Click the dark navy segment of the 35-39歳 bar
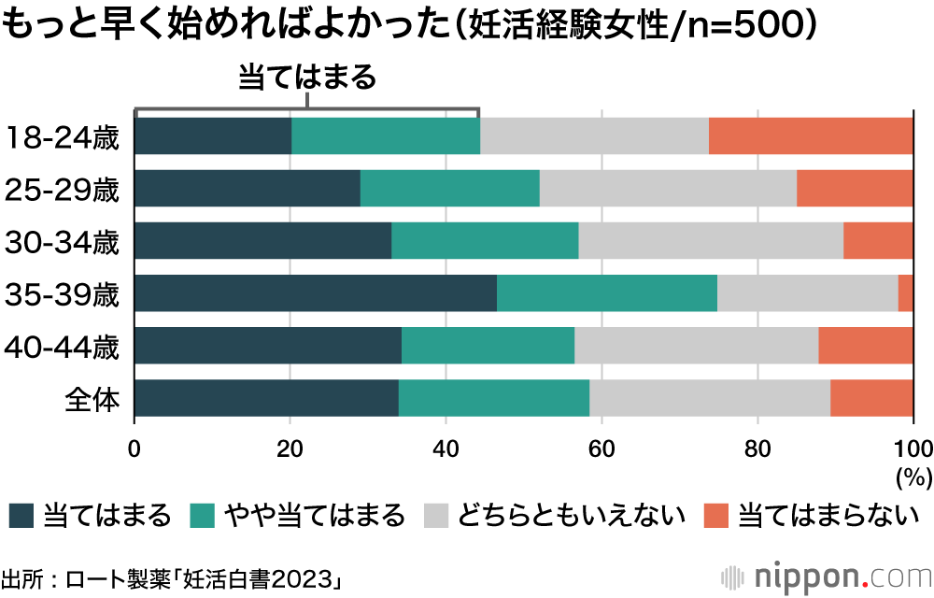click(316, 293)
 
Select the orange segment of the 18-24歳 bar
click(811, 136)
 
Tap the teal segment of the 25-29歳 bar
click(449, 189)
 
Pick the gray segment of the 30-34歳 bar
click(711, 241)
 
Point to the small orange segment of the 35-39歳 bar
click(906, 293)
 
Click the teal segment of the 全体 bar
click(494, 398)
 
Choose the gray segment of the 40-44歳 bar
click(697, 346)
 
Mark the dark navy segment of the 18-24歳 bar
click(213, 136)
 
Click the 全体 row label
click(92, 400)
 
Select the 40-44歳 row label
click(63, 348)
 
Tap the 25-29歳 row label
click(63, 191)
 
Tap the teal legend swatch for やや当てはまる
click(202, 515)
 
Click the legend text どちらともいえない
click(570, 515)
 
